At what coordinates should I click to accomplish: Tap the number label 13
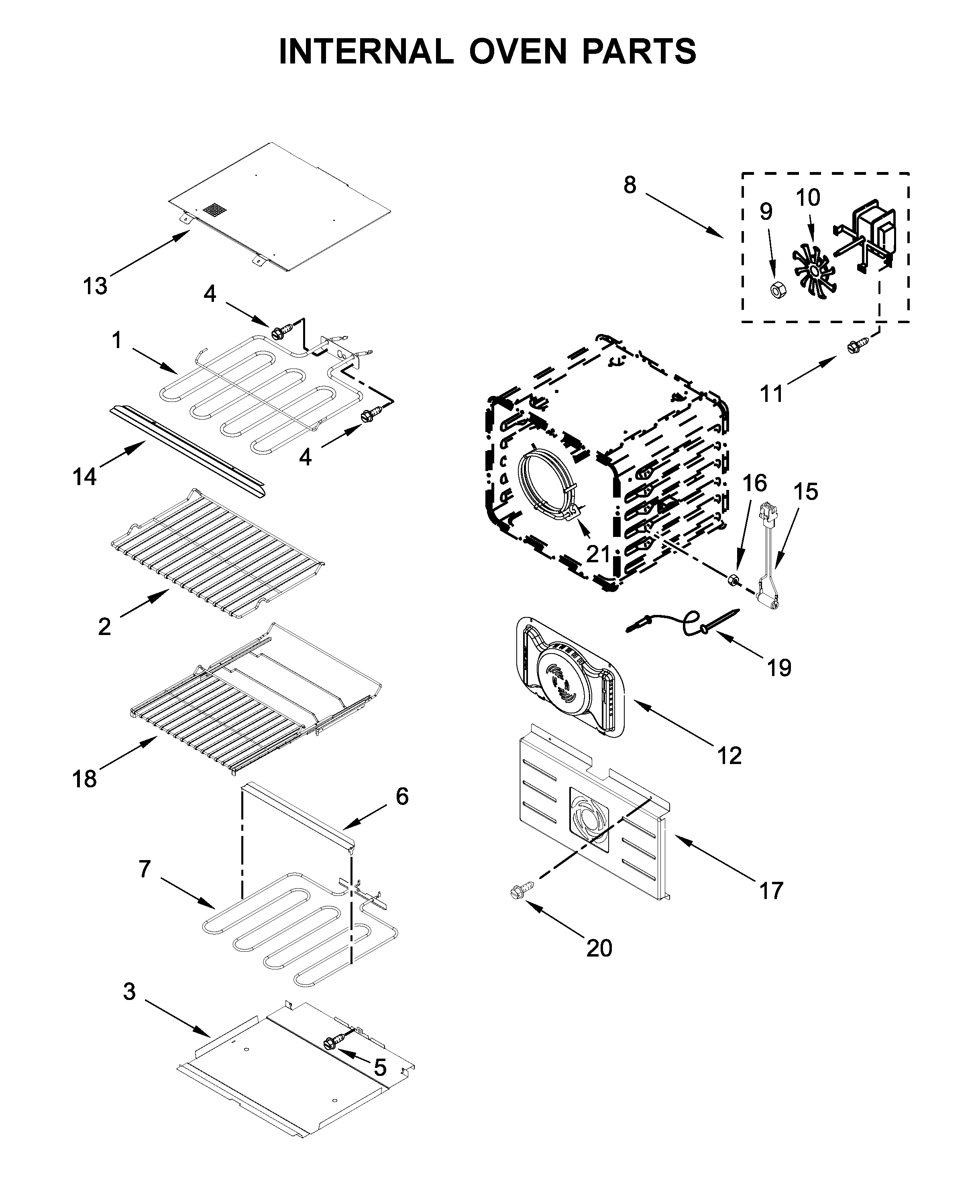point(95,286)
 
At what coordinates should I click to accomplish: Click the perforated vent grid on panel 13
point(215,210)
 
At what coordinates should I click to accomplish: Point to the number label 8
point(630,184)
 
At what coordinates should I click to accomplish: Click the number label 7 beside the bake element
point(145,869)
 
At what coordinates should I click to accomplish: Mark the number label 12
point(729,756)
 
